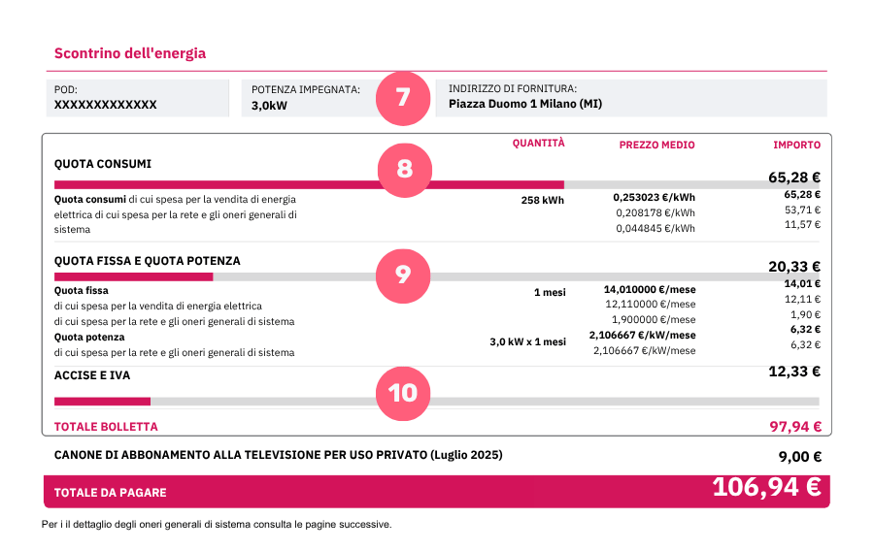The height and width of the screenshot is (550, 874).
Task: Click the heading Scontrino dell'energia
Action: pyautogui.click(x=130, y=53)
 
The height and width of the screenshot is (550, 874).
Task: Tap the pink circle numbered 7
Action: pyautogui.click(x=402, y=97)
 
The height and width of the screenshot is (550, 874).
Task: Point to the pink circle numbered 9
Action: pyautogui.click(x=403, y=275)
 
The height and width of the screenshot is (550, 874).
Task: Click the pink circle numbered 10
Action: pyautogui.click(x=403, y=392)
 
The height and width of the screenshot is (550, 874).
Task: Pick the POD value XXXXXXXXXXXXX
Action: pyautogui.click(x=105, y=105)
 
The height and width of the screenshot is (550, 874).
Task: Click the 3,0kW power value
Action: pyautogui.click(x=269, y=106)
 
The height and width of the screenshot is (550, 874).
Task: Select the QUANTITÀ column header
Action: pyautogui.click(x=538, y=144)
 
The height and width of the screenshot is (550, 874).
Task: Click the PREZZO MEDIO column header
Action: pyautogui.click(x=656, y=146)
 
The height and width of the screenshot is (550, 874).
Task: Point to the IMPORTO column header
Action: pyautogui.click(x=796, y=146)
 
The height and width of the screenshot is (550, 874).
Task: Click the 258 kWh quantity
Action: pyautogui.click(x=542, y=201)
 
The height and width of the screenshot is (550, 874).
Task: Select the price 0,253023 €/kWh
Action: pyautogui.click(x=654, y=197)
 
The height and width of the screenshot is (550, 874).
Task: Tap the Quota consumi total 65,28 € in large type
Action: pyautogui.click(x=793, y=178)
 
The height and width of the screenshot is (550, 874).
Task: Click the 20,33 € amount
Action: pyautogui.click(x=794, y=267)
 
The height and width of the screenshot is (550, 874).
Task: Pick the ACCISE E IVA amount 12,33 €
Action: pyautogui.click(x=794, y=372)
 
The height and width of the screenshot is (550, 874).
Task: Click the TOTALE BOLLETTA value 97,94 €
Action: pyautogui.click(x=794, y=427)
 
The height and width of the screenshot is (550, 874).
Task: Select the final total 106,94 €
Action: pyautogui.click(x=766, y=488)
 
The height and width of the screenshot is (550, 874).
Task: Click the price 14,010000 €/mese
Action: pyautogui.click(x=649, y=289)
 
